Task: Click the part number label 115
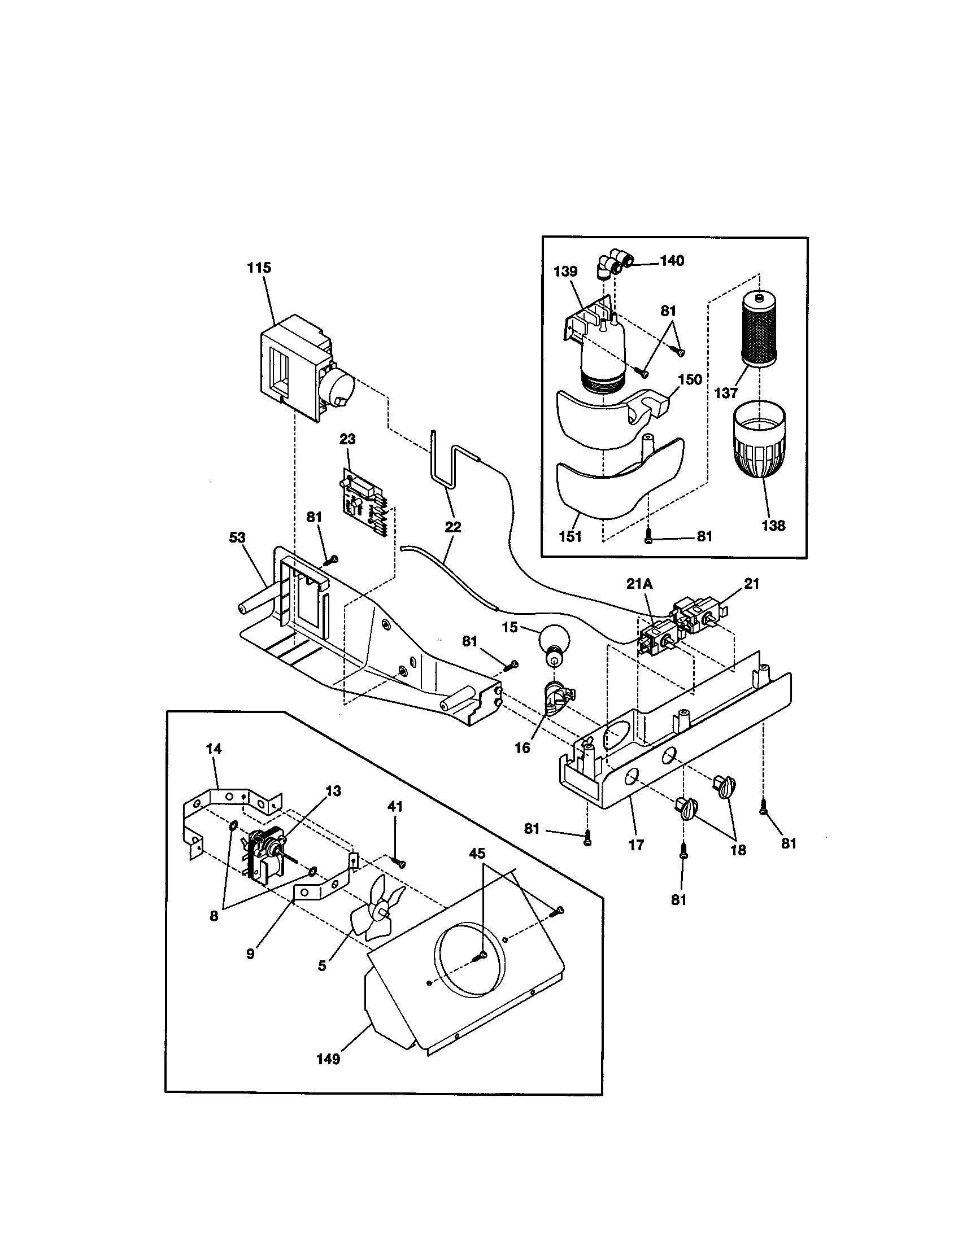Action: click(x=259, y=268)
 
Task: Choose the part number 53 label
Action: click(x=237, y=537)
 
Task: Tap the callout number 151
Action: click(x=570, y=536)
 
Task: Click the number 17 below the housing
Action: click(x=636, y=845)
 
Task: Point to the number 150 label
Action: click(x=690, y=379)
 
